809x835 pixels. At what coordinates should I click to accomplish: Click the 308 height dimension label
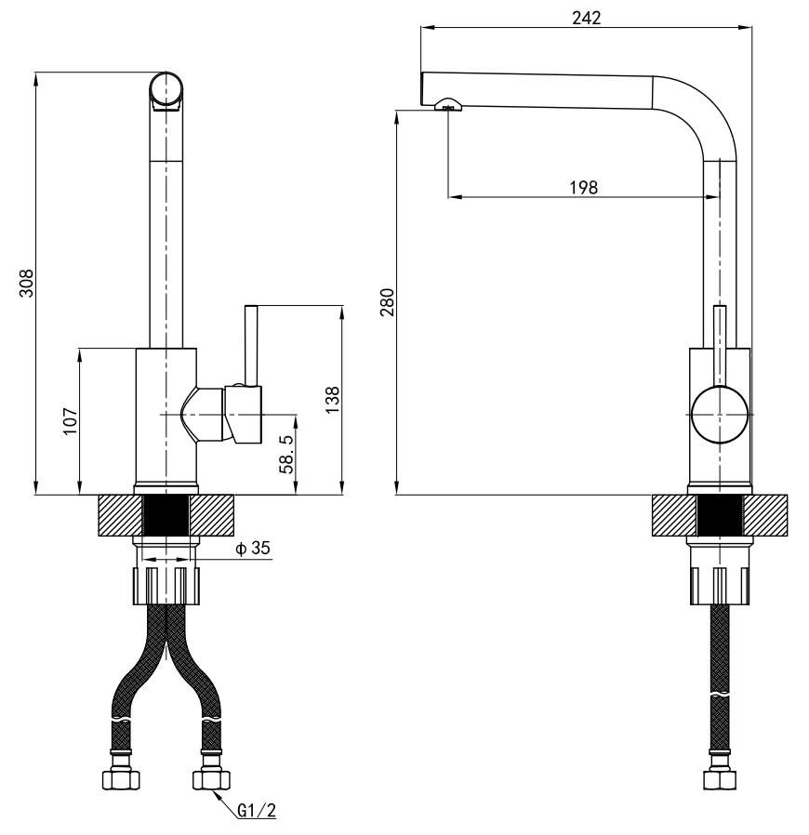27,278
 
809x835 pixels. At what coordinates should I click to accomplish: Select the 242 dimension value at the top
587,17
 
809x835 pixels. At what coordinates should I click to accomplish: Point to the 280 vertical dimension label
386,302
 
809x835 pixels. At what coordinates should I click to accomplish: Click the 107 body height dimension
70,421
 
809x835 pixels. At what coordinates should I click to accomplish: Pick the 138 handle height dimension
332,398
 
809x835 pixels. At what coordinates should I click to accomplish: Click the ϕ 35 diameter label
252,549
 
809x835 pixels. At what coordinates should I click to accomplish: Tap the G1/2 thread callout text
256,811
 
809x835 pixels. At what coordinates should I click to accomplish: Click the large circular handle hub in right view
720,413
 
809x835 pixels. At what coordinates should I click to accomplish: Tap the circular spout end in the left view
167,89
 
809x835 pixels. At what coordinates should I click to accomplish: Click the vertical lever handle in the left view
249,344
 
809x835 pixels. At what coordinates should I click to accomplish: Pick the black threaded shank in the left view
166,516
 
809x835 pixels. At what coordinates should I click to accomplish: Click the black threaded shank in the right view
720,516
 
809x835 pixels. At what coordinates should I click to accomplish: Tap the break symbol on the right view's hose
720,695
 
